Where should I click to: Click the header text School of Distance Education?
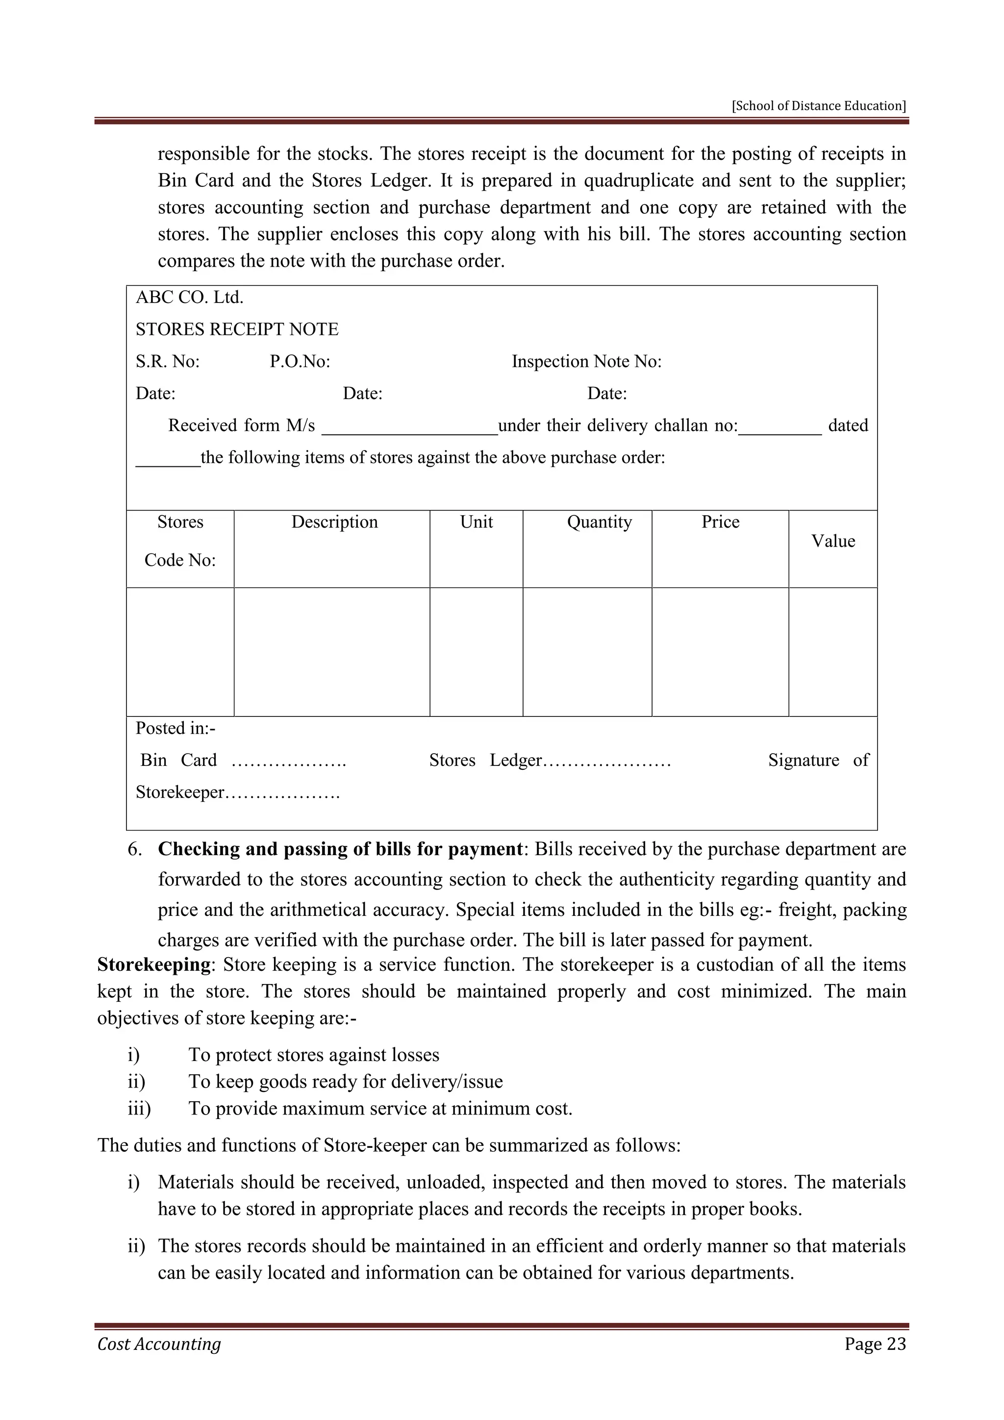tap(819, 106)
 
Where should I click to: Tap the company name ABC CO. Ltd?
tap(189, 298)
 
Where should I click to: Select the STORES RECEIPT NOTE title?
tap(237, 329)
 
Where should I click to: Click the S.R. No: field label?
tap(168, 361)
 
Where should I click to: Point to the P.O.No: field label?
tap(300, 361)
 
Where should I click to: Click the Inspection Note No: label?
tap(586, 361)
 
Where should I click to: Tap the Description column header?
tap(334, 522)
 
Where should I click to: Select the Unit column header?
tap(476, 522)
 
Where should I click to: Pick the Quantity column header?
tap(599, 522)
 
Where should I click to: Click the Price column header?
tap(720, 522)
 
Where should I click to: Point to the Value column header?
tap(833, 541)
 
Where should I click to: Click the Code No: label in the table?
tap(180, 560)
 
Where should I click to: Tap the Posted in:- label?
tap(176, 729)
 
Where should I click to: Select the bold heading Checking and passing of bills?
tap(340, 849)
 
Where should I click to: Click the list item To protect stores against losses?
tap(313, 1055)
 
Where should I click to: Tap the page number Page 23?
tap(875, 1344)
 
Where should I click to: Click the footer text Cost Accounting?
tap(159, 1344)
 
